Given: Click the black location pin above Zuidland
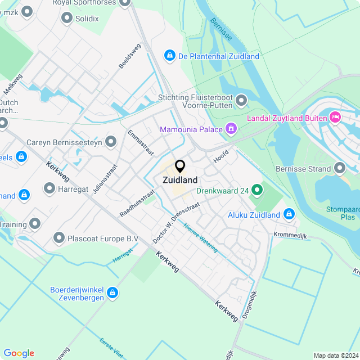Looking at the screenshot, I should pos(180,166).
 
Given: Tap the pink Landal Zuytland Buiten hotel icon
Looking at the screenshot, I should pos(336,117).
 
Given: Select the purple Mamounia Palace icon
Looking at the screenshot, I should pos(230,129).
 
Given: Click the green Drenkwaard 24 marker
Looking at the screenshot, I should pos(257,190).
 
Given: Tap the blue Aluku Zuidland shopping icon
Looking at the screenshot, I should pos(289,214).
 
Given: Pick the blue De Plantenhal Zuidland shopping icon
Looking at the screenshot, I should pos(169,56).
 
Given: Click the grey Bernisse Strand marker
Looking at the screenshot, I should pos(339,168).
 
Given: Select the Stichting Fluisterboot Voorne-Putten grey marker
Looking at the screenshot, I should pos(241,101).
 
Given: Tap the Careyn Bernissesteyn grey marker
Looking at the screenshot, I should pos(111,142).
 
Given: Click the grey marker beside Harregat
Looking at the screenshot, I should pos(49,189).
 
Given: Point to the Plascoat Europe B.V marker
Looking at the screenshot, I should pos(58,238).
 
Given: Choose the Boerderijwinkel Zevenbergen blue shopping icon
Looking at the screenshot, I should pos(112,292).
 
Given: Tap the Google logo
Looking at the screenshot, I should pos(19,353).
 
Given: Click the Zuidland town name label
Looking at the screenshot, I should pos(180,181).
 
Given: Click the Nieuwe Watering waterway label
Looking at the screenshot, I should pos(201,238).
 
